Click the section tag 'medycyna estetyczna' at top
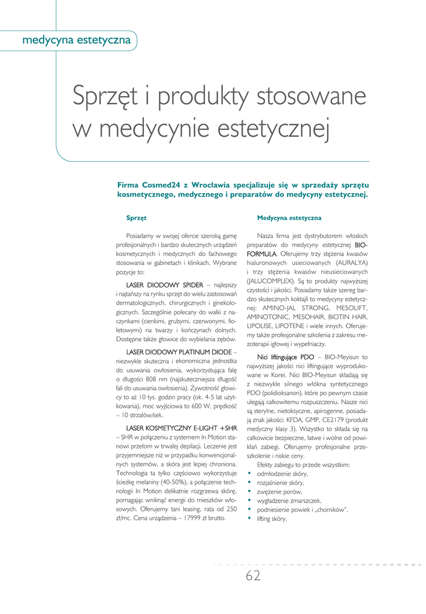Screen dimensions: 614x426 pyautogui.click(x=76, y=40)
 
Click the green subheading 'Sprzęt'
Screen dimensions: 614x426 pyautogui.click(x=136, y=218)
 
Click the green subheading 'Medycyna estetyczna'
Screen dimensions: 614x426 pyautogui.click(x=289, y=218)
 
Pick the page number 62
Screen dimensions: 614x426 pyautogui.click(x=253, y=576)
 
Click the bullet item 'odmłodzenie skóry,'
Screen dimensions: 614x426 pyautogui.click(x=282, y=473)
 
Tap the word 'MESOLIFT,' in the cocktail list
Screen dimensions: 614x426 pyautogui.click(x=348, y=308)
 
